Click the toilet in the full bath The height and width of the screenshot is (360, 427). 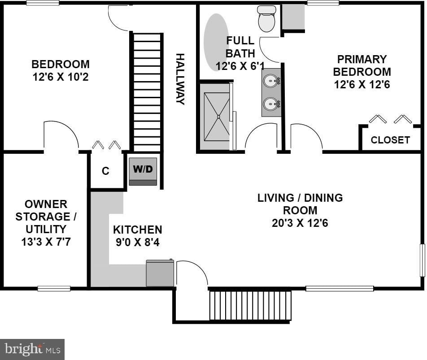point(267,18)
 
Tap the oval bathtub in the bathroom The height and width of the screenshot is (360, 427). point(217,43)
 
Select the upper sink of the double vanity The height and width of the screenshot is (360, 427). point(271,81)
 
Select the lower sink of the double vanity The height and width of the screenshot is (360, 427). point(271,104)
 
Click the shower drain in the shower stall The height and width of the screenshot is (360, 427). point(218,117)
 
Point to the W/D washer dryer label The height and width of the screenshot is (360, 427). point(143,169)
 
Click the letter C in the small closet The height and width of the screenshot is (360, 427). point(105,171)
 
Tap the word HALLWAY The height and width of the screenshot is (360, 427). point(180,79)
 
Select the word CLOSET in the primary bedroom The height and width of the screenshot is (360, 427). point(390,140)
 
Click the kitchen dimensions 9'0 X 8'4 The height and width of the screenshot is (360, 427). point(138,242)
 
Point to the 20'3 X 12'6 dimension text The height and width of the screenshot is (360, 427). point(300,223)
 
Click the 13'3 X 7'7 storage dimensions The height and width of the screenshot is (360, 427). point(46,242)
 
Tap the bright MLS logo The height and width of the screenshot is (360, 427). point(32,349)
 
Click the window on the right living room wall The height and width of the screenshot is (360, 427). point(422,260)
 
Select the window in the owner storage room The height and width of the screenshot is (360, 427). point(54,288)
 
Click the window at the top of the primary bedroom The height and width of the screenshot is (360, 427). point(323,3)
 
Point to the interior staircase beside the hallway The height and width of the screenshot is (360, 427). point(147,92)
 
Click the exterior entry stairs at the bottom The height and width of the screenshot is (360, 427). point(250,306)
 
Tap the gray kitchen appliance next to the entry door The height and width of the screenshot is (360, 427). point(160,273)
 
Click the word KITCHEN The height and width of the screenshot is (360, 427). point(138,230)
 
